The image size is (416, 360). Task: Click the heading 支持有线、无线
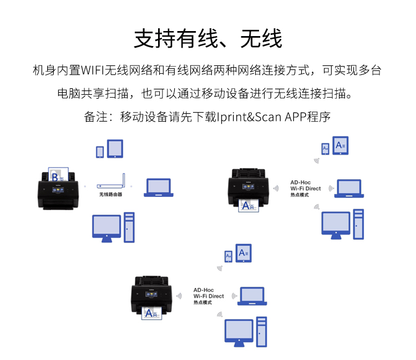point(207,39)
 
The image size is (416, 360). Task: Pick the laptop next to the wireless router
point(159,187)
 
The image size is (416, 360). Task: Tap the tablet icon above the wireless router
point(115,148)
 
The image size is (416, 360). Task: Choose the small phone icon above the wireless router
point(100,151)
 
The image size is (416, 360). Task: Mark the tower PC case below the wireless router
point(129,227)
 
